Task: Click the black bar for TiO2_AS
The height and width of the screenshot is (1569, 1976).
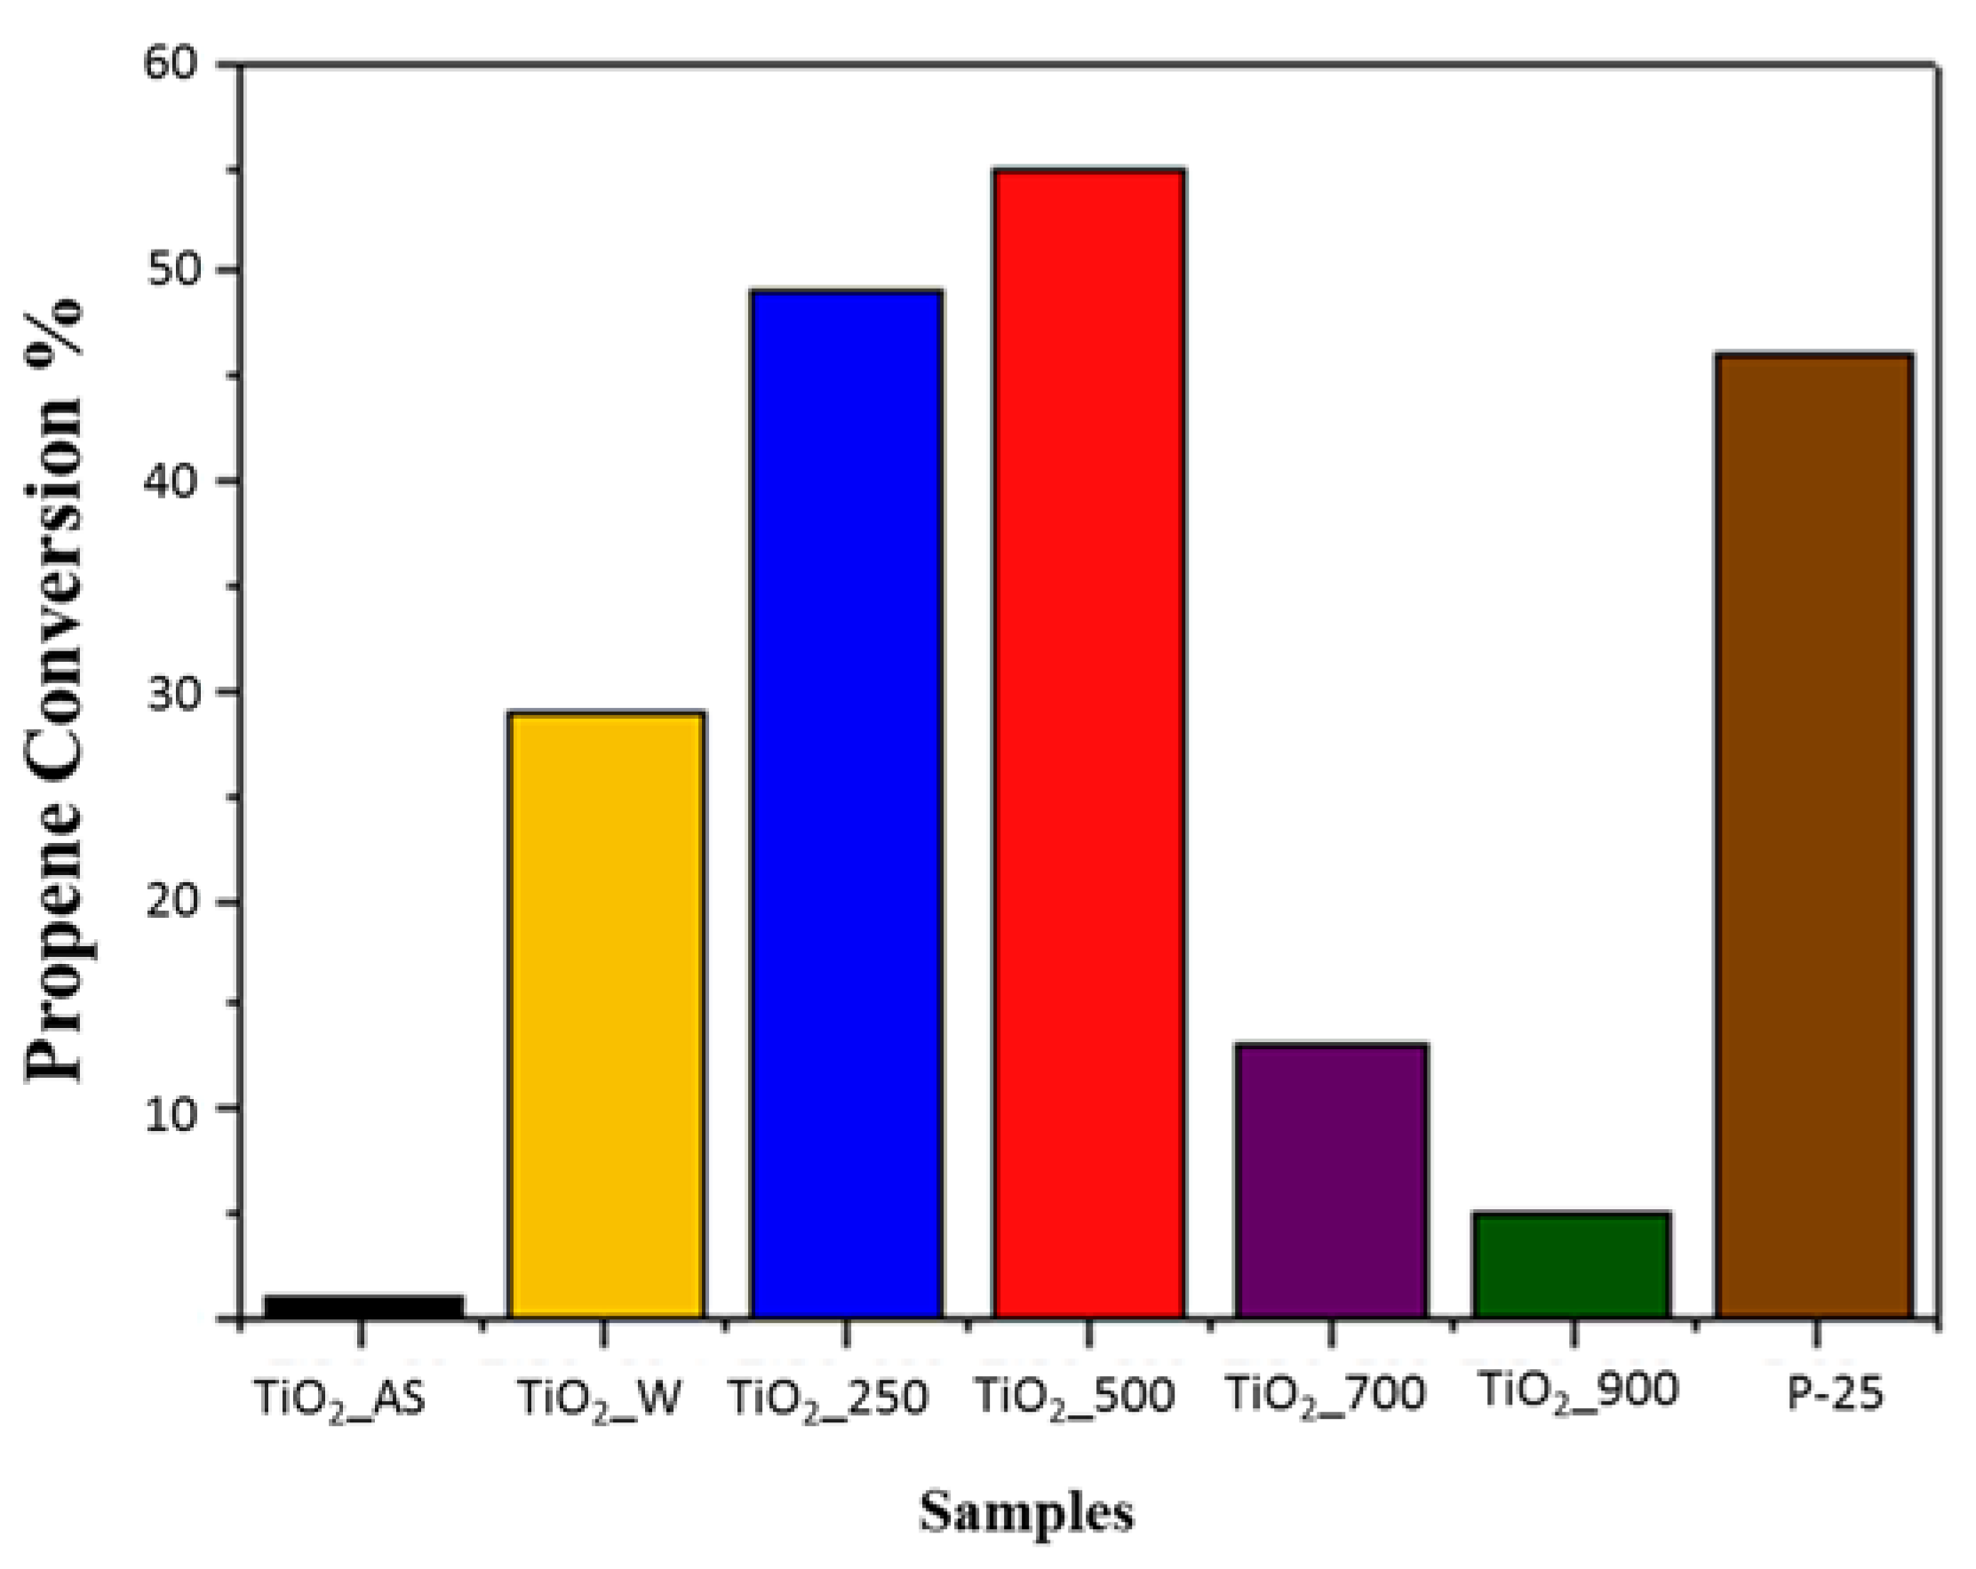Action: coord(363,1306)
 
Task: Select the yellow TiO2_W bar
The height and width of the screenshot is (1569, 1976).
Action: coord(607,1015)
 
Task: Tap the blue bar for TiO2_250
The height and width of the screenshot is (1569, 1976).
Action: coord(846,804)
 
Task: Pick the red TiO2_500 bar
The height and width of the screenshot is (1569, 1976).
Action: coord(1088,744)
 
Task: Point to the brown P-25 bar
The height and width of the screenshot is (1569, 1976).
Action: coord(1813,836)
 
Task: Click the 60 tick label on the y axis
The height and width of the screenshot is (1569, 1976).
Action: coord(171,64)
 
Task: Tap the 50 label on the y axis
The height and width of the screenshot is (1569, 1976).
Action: coord(171,270)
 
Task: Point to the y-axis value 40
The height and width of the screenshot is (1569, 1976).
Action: coord(171,482)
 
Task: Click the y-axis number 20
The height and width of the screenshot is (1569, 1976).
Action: coord(171,902)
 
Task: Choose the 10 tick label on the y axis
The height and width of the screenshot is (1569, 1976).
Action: coord(171,1110)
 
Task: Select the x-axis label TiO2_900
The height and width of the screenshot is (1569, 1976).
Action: coord(1577,1391)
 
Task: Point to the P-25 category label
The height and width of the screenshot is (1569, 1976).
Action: coord(1835,1395)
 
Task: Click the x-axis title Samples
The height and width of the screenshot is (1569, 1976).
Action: coord(1026,1512)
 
